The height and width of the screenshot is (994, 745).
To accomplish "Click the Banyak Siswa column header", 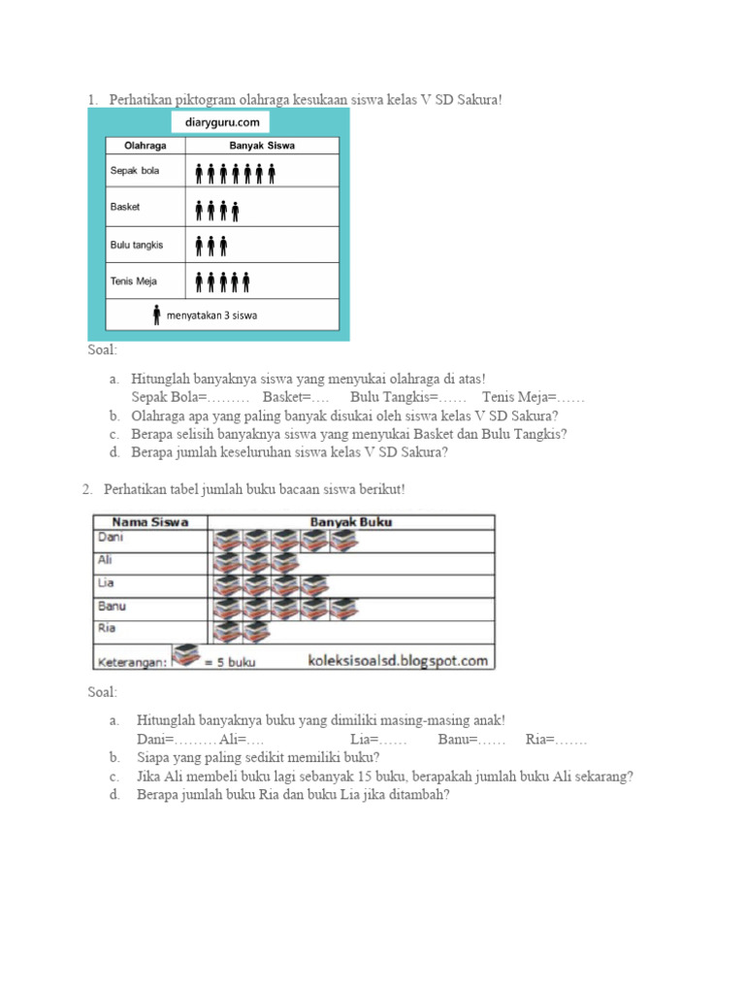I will pyautogui.click(x=262, y=146).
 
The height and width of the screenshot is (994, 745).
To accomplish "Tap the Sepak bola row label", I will pyautogui.click(x=135, y=172).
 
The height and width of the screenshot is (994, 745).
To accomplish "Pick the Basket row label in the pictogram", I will pyautogui.click(x=125, y=207).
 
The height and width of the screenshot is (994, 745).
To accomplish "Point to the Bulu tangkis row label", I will pyautogui.click(x=137, y=245).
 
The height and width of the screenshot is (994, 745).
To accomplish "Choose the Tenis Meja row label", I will pyautogui.click(x=134, y=282).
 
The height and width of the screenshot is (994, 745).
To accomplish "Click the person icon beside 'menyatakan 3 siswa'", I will pyautogui.click(x=157, y=315).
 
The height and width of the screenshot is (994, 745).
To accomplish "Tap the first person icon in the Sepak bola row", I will pyautogui.click(x=199, y=174).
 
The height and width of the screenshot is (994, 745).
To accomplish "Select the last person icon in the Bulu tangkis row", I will pyautogui.click(x=223, y=246).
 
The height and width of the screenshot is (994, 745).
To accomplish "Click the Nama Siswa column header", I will pyautogui.click(x=149, y=522).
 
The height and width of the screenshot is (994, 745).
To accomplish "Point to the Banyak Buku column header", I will pyautogui.click(x=350, y=522).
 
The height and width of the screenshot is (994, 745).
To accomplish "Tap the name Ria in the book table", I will pyautogui.click(x=107, y=628).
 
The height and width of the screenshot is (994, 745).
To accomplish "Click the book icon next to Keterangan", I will pyautogui.click(x=186, y=656).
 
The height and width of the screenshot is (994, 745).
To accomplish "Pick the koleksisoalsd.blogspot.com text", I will pyautogui.click(x=398, y=661).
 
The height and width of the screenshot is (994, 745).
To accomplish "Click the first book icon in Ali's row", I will pyautogui.click(x=226, y=563).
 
